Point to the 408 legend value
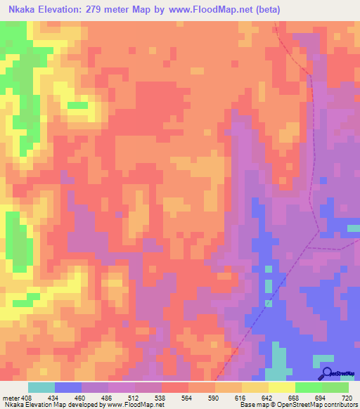[27, 398]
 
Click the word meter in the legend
[10, 398]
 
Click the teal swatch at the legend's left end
[41, 387]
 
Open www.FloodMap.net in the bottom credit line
[133, 405]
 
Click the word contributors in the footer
[340, 405]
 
